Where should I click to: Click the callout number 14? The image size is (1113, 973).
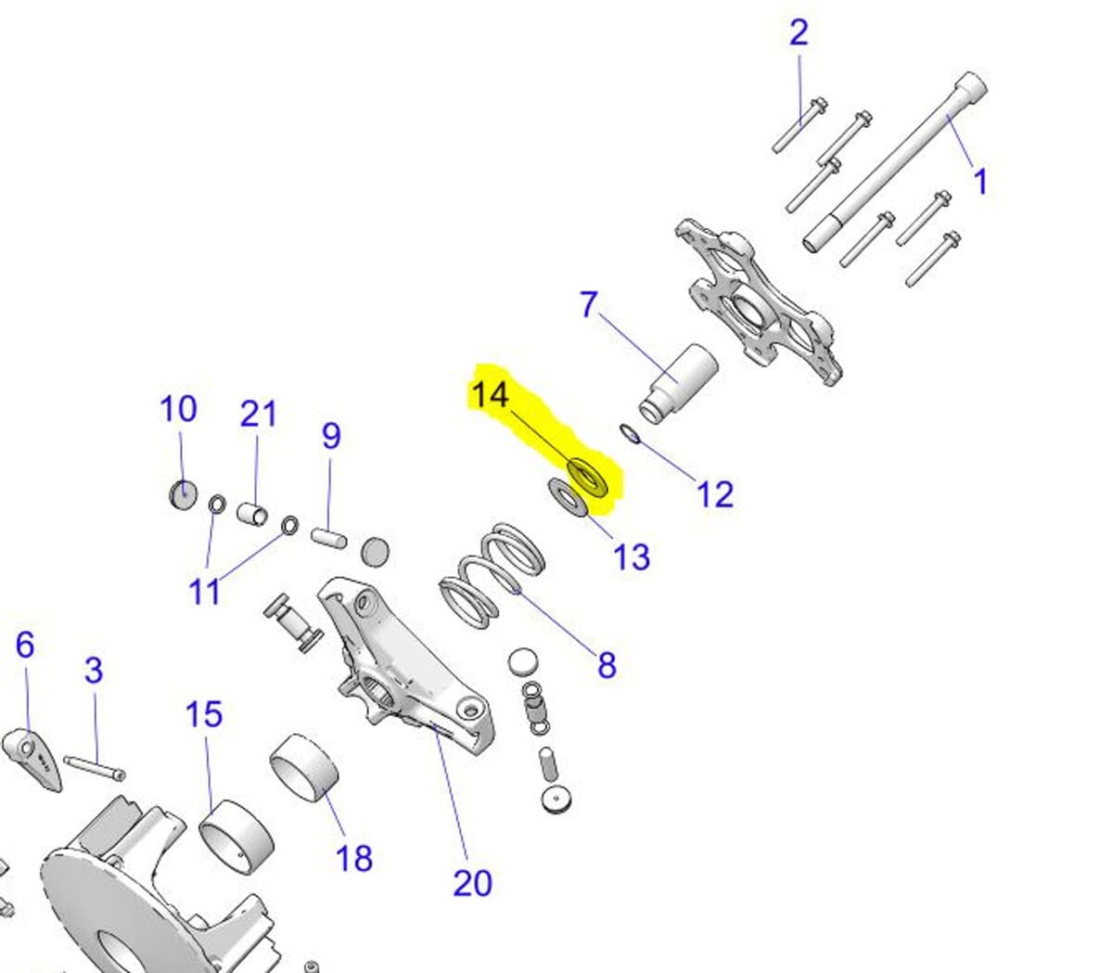(x=490, y=394)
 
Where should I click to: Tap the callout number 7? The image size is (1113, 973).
(x=589, y=304)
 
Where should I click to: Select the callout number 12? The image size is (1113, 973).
(x=714, y=493)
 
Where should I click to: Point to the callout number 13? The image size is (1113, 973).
(x=631, y=557)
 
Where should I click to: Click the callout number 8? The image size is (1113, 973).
(x=607, y=664)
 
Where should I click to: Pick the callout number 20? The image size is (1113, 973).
(x=472, y=882)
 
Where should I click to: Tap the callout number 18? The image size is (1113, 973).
(x=354, y=858)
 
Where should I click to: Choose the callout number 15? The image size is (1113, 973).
(x=204, y=714)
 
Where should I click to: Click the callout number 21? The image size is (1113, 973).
(x=259, y=414)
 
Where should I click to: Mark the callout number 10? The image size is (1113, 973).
(x=178, y=408)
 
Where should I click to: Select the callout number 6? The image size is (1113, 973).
(x=25, y=644)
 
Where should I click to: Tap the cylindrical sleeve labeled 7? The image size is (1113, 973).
(x=679, y=380)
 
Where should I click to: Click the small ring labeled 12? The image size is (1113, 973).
(x=630, y=433)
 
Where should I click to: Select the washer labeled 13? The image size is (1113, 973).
(x=567, y=497)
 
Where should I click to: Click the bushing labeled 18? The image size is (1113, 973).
(x=304, y=766)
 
